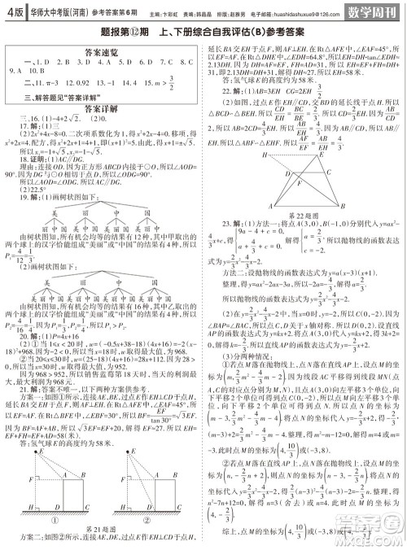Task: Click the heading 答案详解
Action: pyautogui.click(x=102, y=108)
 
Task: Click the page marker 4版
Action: pyautogui.click(x=15, y=12)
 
